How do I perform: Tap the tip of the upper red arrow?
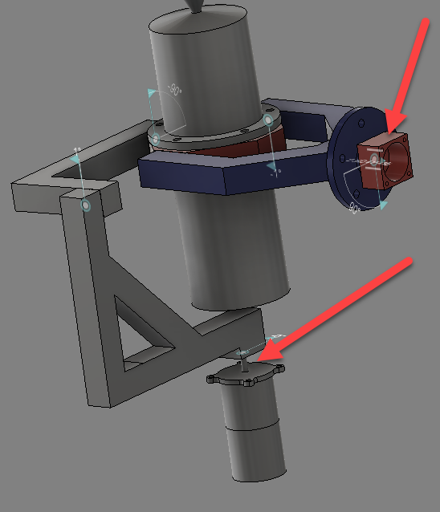388,131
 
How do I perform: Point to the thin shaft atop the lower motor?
242,365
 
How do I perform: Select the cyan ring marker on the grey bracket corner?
86,206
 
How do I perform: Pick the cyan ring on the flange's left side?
156,139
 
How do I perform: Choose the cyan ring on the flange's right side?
267,120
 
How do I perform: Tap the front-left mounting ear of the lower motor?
212,379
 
